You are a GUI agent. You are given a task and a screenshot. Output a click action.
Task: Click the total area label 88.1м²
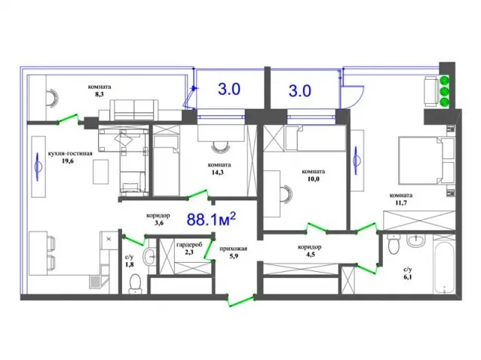coord(211,219)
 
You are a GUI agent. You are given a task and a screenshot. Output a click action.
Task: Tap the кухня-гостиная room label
coord(70,153)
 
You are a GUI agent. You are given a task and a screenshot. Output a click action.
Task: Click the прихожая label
coord(233,249)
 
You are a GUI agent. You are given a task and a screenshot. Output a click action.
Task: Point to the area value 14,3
coord(217,172)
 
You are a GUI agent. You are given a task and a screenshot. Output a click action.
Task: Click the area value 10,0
coord(313,179)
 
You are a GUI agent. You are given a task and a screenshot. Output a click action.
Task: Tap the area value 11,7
coord(400,203)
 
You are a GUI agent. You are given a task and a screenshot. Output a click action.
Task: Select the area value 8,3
coord(99,94)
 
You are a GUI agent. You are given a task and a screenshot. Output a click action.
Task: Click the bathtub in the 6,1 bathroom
coord(443,264)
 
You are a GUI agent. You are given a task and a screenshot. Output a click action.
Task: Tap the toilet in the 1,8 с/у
coord(135,284)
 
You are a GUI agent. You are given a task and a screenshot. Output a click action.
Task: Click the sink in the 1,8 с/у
coord(150,255)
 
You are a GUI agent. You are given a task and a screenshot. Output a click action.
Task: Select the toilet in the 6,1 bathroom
coord(393,243)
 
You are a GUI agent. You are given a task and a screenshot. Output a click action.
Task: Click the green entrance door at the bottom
coord(241,301)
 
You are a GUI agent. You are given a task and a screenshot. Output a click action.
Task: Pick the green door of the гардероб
coord(209,249)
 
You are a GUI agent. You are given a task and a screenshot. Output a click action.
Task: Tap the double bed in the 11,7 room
coord(427,160)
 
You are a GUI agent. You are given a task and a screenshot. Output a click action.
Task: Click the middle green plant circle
coord(445,91)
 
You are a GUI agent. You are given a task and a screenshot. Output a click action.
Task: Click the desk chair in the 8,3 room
coord(52,98)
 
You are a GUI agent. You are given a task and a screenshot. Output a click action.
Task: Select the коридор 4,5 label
coord(310,251)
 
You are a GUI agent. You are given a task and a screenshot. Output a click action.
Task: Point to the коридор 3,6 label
coord(158,219)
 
